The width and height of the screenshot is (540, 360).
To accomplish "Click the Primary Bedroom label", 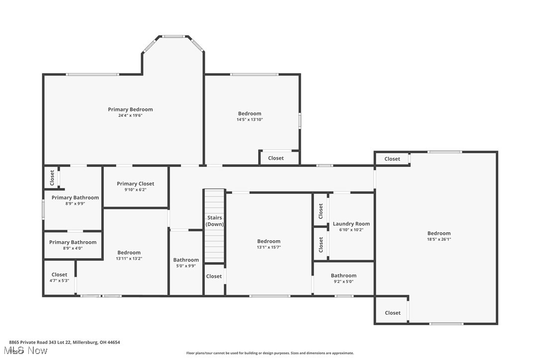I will pos(130,109).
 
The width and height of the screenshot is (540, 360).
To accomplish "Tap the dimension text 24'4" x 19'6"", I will pos(130,115).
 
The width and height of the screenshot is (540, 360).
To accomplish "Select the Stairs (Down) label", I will pos(215,221).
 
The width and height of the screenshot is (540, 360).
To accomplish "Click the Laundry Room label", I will pos(351,224).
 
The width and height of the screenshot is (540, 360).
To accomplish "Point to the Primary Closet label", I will pos(135,183).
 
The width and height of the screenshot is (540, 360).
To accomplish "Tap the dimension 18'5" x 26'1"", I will pos(439,239).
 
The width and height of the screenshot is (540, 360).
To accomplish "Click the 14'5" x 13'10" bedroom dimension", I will pos(249,119).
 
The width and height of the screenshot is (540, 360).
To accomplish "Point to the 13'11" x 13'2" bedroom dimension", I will pos(129,259).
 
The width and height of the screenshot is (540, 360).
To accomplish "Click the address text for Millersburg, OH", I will pos(64,342).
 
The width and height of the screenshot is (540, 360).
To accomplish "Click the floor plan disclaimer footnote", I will pos(270,353).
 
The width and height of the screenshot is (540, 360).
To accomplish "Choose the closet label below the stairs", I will pos(214,276).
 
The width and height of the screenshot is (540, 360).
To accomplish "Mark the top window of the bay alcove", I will pos(173,36).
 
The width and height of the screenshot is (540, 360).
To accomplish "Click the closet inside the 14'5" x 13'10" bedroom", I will pos(276,158).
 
